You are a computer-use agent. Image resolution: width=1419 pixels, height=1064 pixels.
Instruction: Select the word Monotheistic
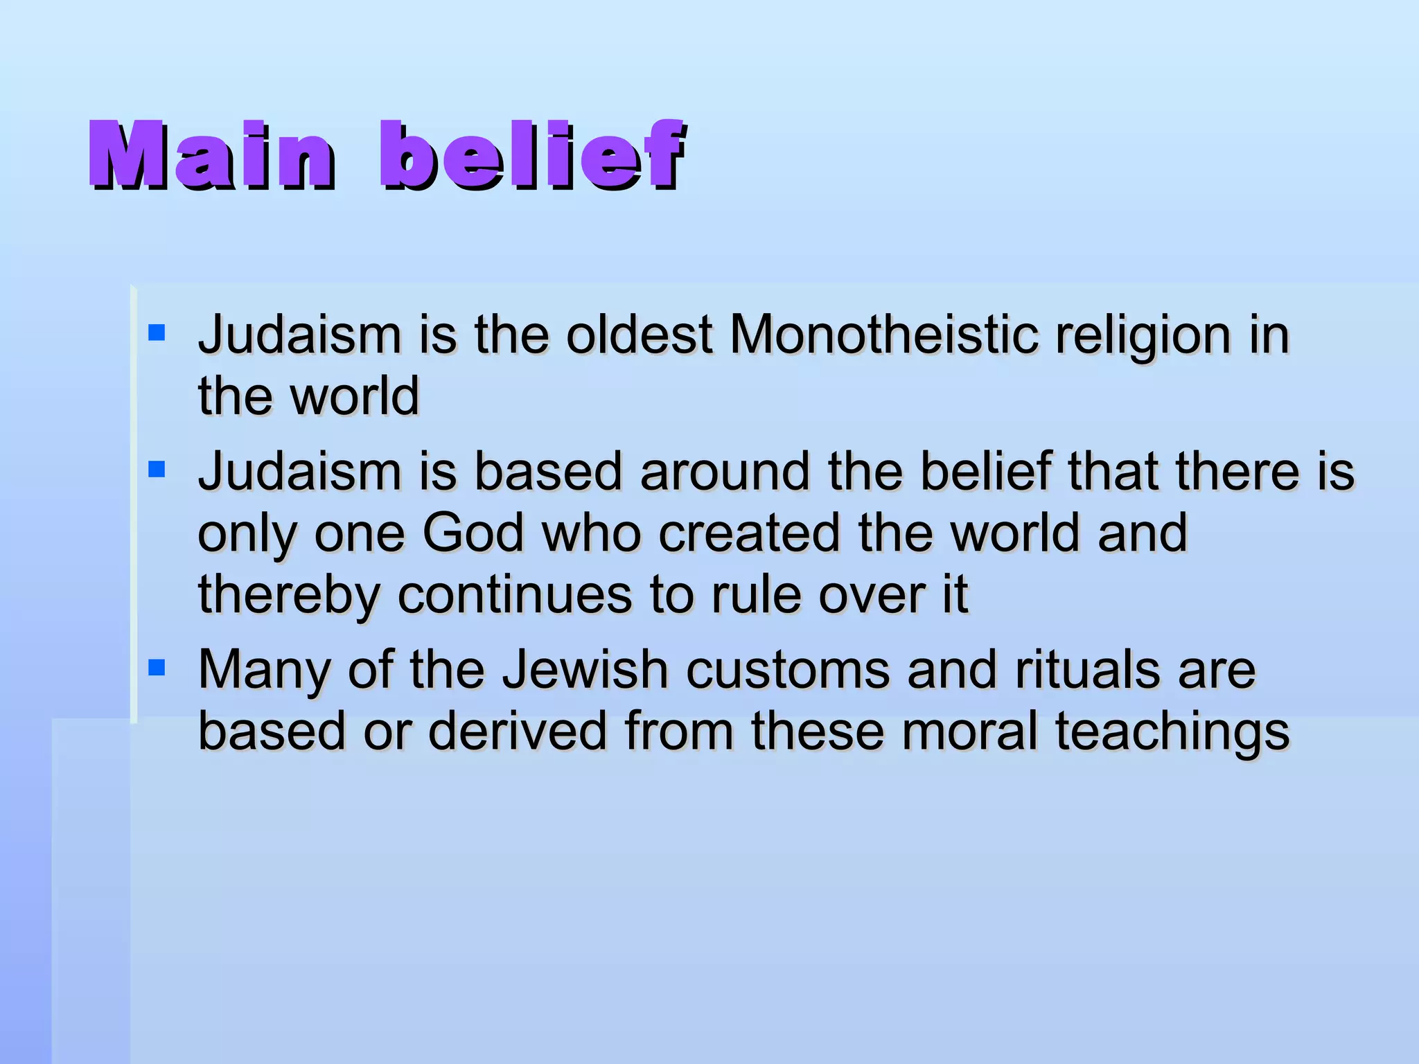pyautogui.click(x=884, y=335)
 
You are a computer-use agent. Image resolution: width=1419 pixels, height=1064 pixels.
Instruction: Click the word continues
pyautogui.click(x=515, y=594)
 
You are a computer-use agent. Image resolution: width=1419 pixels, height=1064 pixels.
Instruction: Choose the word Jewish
pyautogui.click(x=585, y=671)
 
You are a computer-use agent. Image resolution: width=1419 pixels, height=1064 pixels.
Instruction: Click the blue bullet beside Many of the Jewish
pyautogui.click(x=157, y=668)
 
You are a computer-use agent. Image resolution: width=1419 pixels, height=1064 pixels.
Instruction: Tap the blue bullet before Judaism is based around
pyautogui.click(x=157, y=470)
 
